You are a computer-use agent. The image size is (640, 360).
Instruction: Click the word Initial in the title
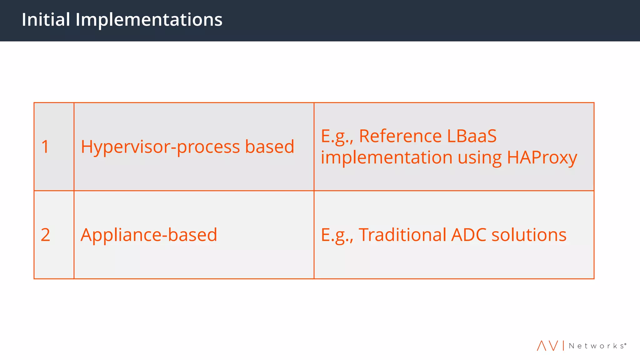point(46,20)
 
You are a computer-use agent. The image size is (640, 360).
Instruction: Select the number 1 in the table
point(45,147)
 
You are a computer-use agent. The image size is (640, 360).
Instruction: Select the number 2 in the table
point(45,235)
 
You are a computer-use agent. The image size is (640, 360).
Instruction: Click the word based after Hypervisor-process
point(269,147)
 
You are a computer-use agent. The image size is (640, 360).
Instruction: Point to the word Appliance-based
point(149,235)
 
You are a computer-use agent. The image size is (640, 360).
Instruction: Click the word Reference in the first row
point(400,136)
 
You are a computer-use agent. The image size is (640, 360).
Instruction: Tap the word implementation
point(386,157)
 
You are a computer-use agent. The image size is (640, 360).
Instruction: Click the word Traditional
point(402,235)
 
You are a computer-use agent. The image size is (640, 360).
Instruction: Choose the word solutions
point(529,235)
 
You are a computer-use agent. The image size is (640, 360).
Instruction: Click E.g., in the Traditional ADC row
point(337,235)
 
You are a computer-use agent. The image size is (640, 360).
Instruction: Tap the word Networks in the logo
point(597,346)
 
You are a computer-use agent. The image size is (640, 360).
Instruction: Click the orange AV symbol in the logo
point(547,346)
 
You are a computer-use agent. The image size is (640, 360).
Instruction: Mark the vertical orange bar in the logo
point(563,346)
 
